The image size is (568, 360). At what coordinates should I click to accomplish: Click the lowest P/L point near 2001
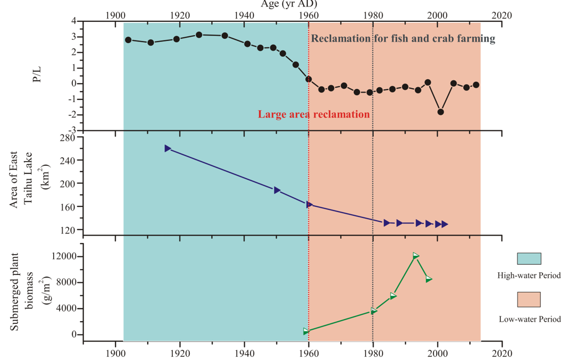click(441, 112)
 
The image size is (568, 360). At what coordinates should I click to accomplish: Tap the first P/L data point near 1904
click(128, 40)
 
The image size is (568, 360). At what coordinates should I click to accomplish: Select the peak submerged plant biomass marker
click(416, 256)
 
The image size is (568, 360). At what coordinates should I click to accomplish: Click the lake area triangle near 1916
click(168, 148)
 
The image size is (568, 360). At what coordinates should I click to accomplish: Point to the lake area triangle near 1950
click(277, 190)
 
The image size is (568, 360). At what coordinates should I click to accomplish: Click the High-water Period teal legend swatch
click(529, 258)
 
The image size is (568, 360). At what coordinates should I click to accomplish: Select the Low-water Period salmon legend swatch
click(529, 299)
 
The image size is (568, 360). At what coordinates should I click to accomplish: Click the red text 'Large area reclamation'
click(313, 114)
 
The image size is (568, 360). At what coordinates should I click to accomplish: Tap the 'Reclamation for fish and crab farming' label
click(403, 39)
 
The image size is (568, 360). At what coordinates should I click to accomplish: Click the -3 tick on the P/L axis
click(73, 130)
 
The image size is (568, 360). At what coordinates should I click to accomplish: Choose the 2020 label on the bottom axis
click(502, 353)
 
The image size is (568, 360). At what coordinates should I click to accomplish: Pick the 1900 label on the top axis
click(115, 15)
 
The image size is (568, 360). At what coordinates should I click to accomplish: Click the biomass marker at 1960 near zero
click(306, 331)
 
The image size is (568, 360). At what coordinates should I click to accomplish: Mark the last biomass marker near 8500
click(429, 279)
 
